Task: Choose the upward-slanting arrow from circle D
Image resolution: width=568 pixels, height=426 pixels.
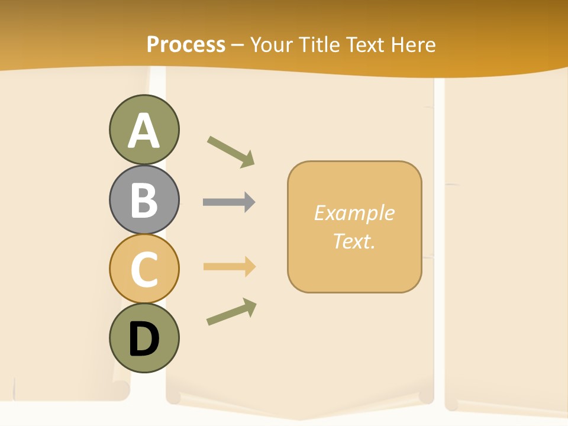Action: coord(231,312)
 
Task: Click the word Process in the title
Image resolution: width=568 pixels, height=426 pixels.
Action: coord(186,44)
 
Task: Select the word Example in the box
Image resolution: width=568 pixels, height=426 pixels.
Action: coord(354,213)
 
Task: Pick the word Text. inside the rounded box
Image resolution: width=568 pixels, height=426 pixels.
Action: coord(354,241)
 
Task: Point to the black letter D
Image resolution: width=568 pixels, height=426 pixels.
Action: coord(144,339)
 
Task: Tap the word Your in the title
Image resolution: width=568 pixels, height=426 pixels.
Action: coord(273,44)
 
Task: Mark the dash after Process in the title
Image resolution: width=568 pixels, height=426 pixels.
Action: coord(237,45)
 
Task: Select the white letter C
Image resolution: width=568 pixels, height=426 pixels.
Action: coord(144,269)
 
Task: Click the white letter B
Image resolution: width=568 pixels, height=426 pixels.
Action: coord(144,200)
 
